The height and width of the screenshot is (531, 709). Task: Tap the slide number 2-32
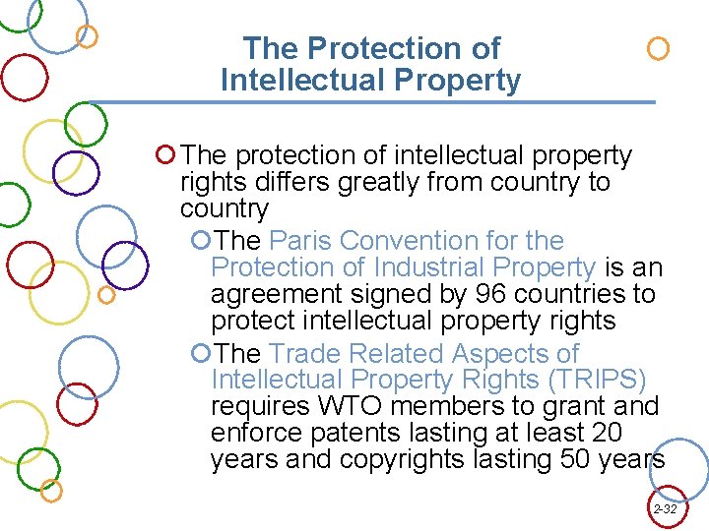[x=665, y=509]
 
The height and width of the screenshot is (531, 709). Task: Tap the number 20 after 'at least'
[x=603, y=433]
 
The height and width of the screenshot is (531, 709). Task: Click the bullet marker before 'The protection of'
[x=165, y=155]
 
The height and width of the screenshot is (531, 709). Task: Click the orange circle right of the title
[x=658, y=48]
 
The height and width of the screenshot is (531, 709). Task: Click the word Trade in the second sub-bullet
[x=302, y=353]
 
